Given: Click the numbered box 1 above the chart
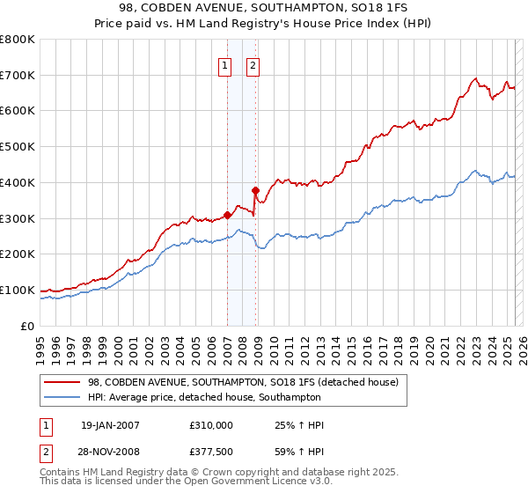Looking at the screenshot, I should pyautogui.click(x=224, y=64).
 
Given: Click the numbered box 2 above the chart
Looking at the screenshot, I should pyautogui.click(x=253, y=64).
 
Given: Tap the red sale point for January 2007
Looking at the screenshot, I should pyautogui.click(x=227, y=214).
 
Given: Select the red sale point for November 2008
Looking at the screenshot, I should pyautogui.click(x=255, y=190).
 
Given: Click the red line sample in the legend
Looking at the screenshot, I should pyautogui.click(x=62, y=382).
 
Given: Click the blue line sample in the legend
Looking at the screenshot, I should pyautogui.click(x=62, y=397).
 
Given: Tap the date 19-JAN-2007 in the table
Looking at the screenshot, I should pyautogui.click(x=110, y=425).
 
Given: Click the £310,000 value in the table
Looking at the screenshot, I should pyautogui.click(x=211, y=425).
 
